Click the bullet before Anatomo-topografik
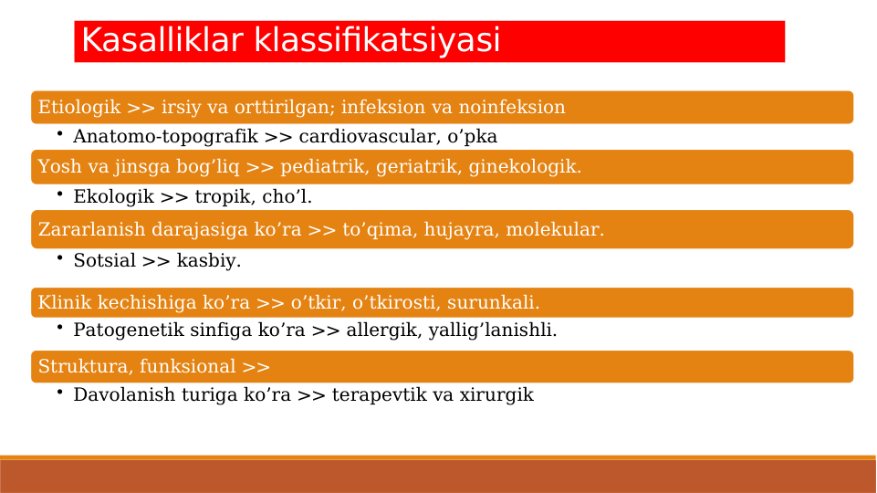click(x=58, y=135)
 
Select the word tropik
click(x=216, y=197)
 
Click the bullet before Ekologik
click(x=58, y=195)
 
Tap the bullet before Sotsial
click(x=58, y=259)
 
